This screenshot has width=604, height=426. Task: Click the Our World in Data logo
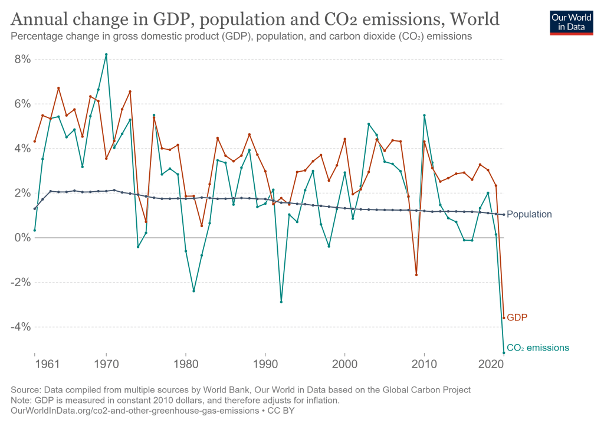(571, 22)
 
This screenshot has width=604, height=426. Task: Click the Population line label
(529, 215)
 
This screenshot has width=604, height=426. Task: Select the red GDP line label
(517, 317)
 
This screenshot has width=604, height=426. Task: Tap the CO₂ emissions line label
(538, 348)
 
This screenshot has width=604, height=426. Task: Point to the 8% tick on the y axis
(22, 59)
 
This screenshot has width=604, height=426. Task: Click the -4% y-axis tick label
(21, 327)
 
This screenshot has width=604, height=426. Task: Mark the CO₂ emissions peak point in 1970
(106, 54)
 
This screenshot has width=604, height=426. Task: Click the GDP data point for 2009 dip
(416, 275)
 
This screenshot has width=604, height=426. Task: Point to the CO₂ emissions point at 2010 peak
(424, 115)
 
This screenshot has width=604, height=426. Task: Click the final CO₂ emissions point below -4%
(504, 353)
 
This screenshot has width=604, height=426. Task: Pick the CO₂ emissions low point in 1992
(281, 302)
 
